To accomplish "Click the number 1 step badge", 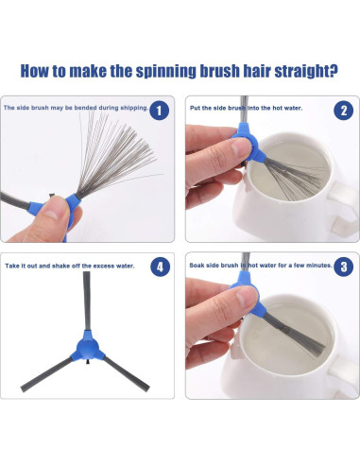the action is pyautogui.click(x=159, y=111).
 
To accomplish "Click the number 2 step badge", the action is pyautogui.click(x=343, y=111).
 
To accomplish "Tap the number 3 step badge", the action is pyautogui.click(x=343, y=267).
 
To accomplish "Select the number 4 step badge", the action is pyautogui.click(x=160, y=267).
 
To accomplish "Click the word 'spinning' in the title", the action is pyautogui.click(x=165, y=72).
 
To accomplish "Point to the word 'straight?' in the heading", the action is pyautogui.click(x=306, y=71).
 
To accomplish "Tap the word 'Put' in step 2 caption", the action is pyautogui.click(x=195, y=108).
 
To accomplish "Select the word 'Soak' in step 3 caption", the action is pyautogui.click(x=197, y=266).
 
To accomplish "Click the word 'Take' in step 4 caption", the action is pyautogui.click(x=12, y=266).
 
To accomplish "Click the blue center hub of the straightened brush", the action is pyautogui.click(x=88, y=347).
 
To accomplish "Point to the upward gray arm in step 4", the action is pyautogui.click(x=87, y=301).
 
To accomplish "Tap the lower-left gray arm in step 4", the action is pyautogui.click(x=46, y=374).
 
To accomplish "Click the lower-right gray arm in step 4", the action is pyautogui.click(x=126, y=373).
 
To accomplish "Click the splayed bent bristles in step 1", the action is pyautogui.click(x=116, y=154).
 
